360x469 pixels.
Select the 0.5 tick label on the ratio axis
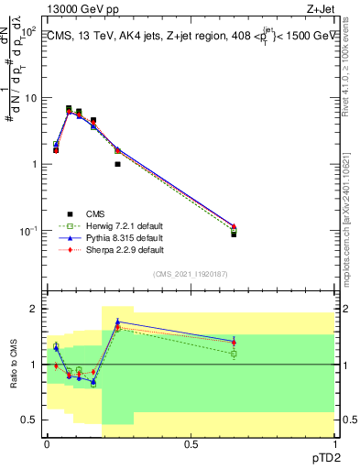click(x=30, y=420)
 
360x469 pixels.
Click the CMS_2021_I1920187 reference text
click(x=191, y=273)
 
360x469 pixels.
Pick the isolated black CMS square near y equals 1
click(x=118, y=164)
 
